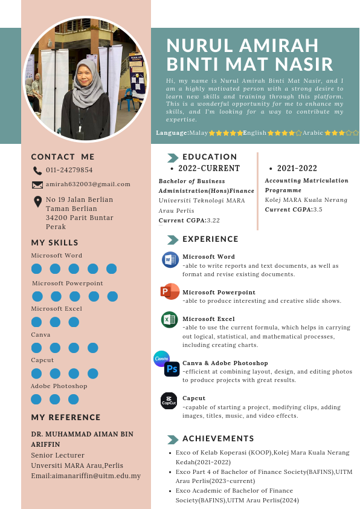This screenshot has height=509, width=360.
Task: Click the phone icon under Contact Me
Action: pyautogui.click(x=37, y=170)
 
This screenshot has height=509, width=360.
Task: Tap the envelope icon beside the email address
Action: pyautogui.click(x=37, y=184)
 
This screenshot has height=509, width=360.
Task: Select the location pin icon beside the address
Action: pyautogui.click(x=37, y=202)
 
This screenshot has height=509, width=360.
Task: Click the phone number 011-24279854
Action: pyautogui.click(x=69, y=170)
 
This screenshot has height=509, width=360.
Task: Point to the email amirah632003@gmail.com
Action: pyautogui.click(x=88, y=184)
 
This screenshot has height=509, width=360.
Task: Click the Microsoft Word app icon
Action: pyautogui.click(x=170, y=260)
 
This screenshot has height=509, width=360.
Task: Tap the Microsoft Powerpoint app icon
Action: pyautogui.click(x=170, y=291)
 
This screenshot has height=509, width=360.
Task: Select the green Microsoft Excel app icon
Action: pyautogui.click(x=169, y=320)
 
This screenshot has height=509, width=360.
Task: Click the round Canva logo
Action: pyautogui.click(x=161, y=358)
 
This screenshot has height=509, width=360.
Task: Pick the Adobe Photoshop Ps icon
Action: pyautogui.click(x=172, y=369)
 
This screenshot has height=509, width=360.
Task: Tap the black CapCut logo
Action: pyautogui.click(x=169, y=401)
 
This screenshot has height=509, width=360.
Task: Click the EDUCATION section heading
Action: pyautogui.click(x=210, y=157)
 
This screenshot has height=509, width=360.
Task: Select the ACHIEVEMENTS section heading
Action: pyautogui.click(x=218, y=439)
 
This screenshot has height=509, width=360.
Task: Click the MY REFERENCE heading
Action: pyautogui.click(x=66, y=418)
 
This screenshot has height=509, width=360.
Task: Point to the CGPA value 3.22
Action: pyautogui.click(x=213, y=221)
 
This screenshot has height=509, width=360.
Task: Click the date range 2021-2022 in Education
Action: pyautogui.click(x=297, y=169)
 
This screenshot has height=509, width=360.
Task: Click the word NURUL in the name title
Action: pyautogui.click(x=197, y=45)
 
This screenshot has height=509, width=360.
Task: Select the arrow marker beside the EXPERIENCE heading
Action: pyautogui.click(x=173, y=239)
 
